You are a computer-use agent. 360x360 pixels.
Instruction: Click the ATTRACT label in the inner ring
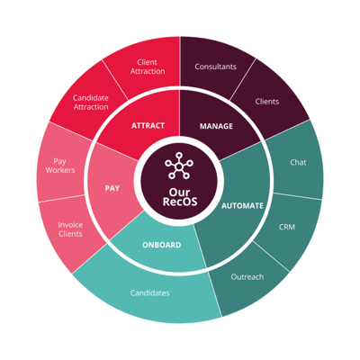(148, 125)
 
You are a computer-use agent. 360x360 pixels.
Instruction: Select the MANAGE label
(216, 126)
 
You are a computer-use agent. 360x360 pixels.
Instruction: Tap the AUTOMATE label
(242, 206)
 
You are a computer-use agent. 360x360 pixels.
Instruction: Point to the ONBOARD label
(162, 245)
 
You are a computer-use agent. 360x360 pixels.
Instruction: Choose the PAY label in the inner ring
(112, 188)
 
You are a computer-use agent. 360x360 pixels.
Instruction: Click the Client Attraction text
(148, 67)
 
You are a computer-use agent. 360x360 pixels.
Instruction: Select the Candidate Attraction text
(91, 103)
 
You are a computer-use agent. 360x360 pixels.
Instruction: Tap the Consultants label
(216, 67)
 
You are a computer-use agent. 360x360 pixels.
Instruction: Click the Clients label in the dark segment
(267, 102)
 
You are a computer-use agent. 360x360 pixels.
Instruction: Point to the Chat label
(298, 162)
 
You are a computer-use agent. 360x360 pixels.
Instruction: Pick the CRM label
(287, 227)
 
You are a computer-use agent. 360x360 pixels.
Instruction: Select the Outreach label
(247, 276)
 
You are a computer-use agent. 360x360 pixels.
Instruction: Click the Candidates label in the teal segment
(149, 292)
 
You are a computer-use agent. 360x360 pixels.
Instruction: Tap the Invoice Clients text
(70, 229)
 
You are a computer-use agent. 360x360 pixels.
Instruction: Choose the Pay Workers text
(60, 166)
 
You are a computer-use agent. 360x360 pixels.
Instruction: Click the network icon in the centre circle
(179, 166)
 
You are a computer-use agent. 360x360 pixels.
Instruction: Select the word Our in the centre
(179, 192)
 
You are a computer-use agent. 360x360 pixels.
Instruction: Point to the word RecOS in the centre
(180, 202)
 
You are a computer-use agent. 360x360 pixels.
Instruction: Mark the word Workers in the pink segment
(60, 170)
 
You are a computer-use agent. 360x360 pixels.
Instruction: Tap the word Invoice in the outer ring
(70, 225)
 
